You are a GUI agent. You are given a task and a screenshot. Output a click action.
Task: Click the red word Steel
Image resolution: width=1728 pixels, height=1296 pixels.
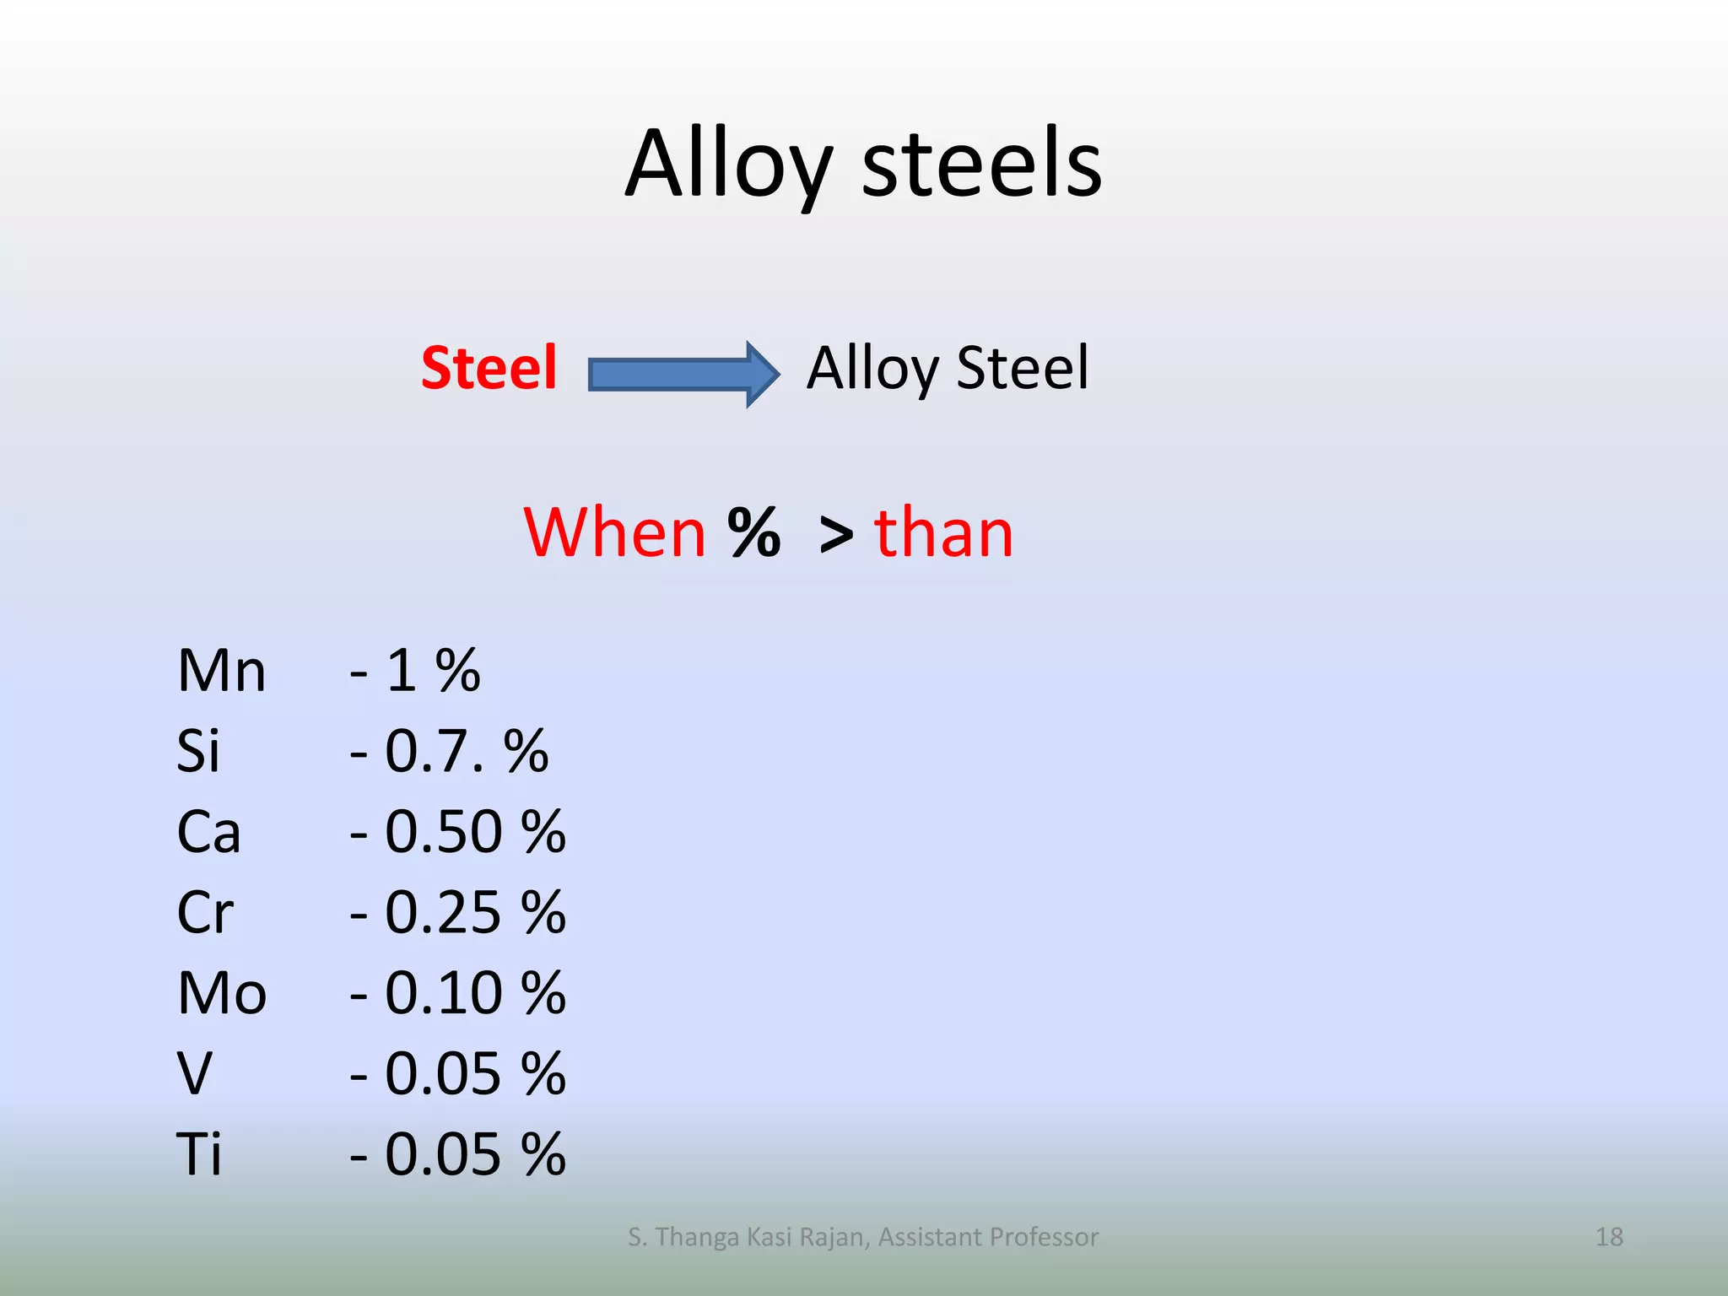pos(489,369)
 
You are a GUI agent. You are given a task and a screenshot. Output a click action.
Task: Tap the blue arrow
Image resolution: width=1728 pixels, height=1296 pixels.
pos(682,374)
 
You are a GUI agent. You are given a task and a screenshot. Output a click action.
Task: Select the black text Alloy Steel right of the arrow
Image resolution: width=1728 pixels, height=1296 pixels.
pos(948,369)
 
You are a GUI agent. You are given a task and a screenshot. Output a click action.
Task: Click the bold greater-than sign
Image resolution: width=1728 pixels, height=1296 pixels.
pos(835,535)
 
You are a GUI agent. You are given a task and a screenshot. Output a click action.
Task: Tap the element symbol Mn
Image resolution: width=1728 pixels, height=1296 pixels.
pos(221,672)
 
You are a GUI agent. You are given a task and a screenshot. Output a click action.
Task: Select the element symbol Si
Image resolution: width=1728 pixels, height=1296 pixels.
pos(198,751)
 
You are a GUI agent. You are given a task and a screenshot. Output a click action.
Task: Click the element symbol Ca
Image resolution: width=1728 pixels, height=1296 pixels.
pos(208,832)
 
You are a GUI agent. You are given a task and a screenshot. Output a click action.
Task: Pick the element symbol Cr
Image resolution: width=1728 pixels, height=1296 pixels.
pos(205,912)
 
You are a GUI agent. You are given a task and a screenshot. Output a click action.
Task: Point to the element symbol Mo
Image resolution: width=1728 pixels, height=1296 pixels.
pos(222,993)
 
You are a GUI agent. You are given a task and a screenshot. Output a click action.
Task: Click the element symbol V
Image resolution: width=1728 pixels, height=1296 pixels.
pos(194,1073)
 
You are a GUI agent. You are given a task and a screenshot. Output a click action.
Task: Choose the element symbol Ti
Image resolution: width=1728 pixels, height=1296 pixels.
pos(199,1153)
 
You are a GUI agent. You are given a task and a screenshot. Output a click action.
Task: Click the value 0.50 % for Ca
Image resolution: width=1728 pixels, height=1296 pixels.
pos(475,832)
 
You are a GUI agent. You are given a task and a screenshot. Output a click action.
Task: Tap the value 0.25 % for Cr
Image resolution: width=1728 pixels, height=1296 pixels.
pos(475,912)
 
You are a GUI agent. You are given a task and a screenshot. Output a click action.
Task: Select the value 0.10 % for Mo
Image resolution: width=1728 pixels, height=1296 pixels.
pos(475,993)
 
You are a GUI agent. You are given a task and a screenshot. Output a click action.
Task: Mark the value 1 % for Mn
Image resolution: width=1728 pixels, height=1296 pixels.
pos(433,672)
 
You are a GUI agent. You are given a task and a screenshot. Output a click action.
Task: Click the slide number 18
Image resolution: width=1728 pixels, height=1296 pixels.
pos(1609,1237)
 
